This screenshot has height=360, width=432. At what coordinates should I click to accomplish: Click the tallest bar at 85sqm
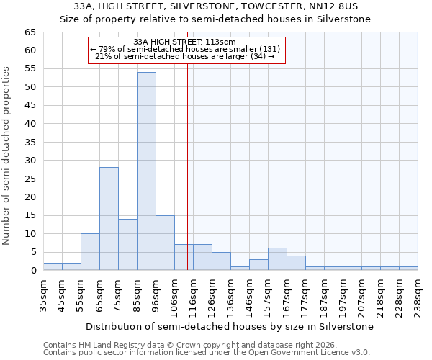tap(146, 171)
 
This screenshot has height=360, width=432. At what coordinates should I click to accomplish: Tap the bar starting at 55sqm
tap(90, 252)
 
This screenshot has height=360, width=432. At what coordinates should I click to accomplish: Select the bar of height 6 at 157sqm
tap(277, 259)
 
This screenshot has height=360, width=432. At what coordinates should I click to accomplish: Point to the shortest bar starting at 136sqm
tap(240, 268)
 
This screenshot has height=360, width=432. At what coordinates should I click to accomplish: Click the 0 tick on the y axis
tap(33, 271)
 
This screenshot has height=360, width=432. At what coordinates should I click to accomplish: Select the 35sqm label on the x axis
tap(43, 295)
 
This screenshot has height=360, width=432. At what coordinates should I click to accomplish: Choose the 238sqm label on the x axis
tap(418, 295)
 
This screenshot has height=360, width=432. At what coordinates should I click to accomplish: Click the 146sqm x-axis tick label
tap(249, 295)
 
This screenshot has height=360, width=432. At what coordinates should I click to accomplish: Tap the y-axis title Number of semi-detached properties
tap(6, 156)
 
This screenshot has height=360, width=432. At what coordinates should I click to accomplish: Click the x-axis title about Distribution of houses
tap(230, 326)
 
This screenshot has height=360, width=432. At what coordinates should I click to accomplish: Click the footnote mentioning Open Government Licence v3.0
tap(207, 352)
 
